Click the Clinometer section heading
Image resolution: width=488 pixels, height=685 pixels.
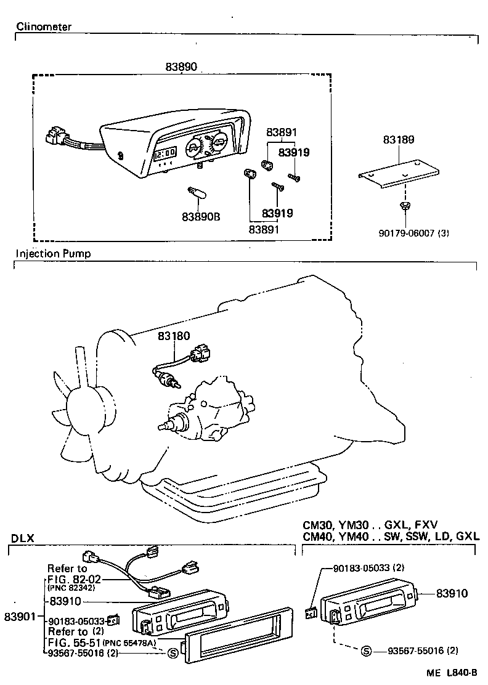pyautogui.click(x=44, y=27)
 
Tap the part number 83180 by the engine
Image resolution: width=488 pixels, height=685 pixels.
pyautogui.click(x=174, y=336)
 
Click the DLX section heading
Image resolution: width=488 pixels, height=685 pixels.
pyautogui.click(x=23, y=538)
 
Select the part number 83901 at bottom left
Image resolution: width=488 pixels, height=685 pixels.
pyautogui.click(x=20, y=616)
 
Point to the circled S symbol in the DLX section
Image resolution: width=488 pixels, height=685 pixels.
pyautogui.click(x=172, y=653)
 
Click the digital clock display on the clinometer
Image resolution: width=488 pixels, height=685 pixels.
pyautogui.click(x=165, y=152)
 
